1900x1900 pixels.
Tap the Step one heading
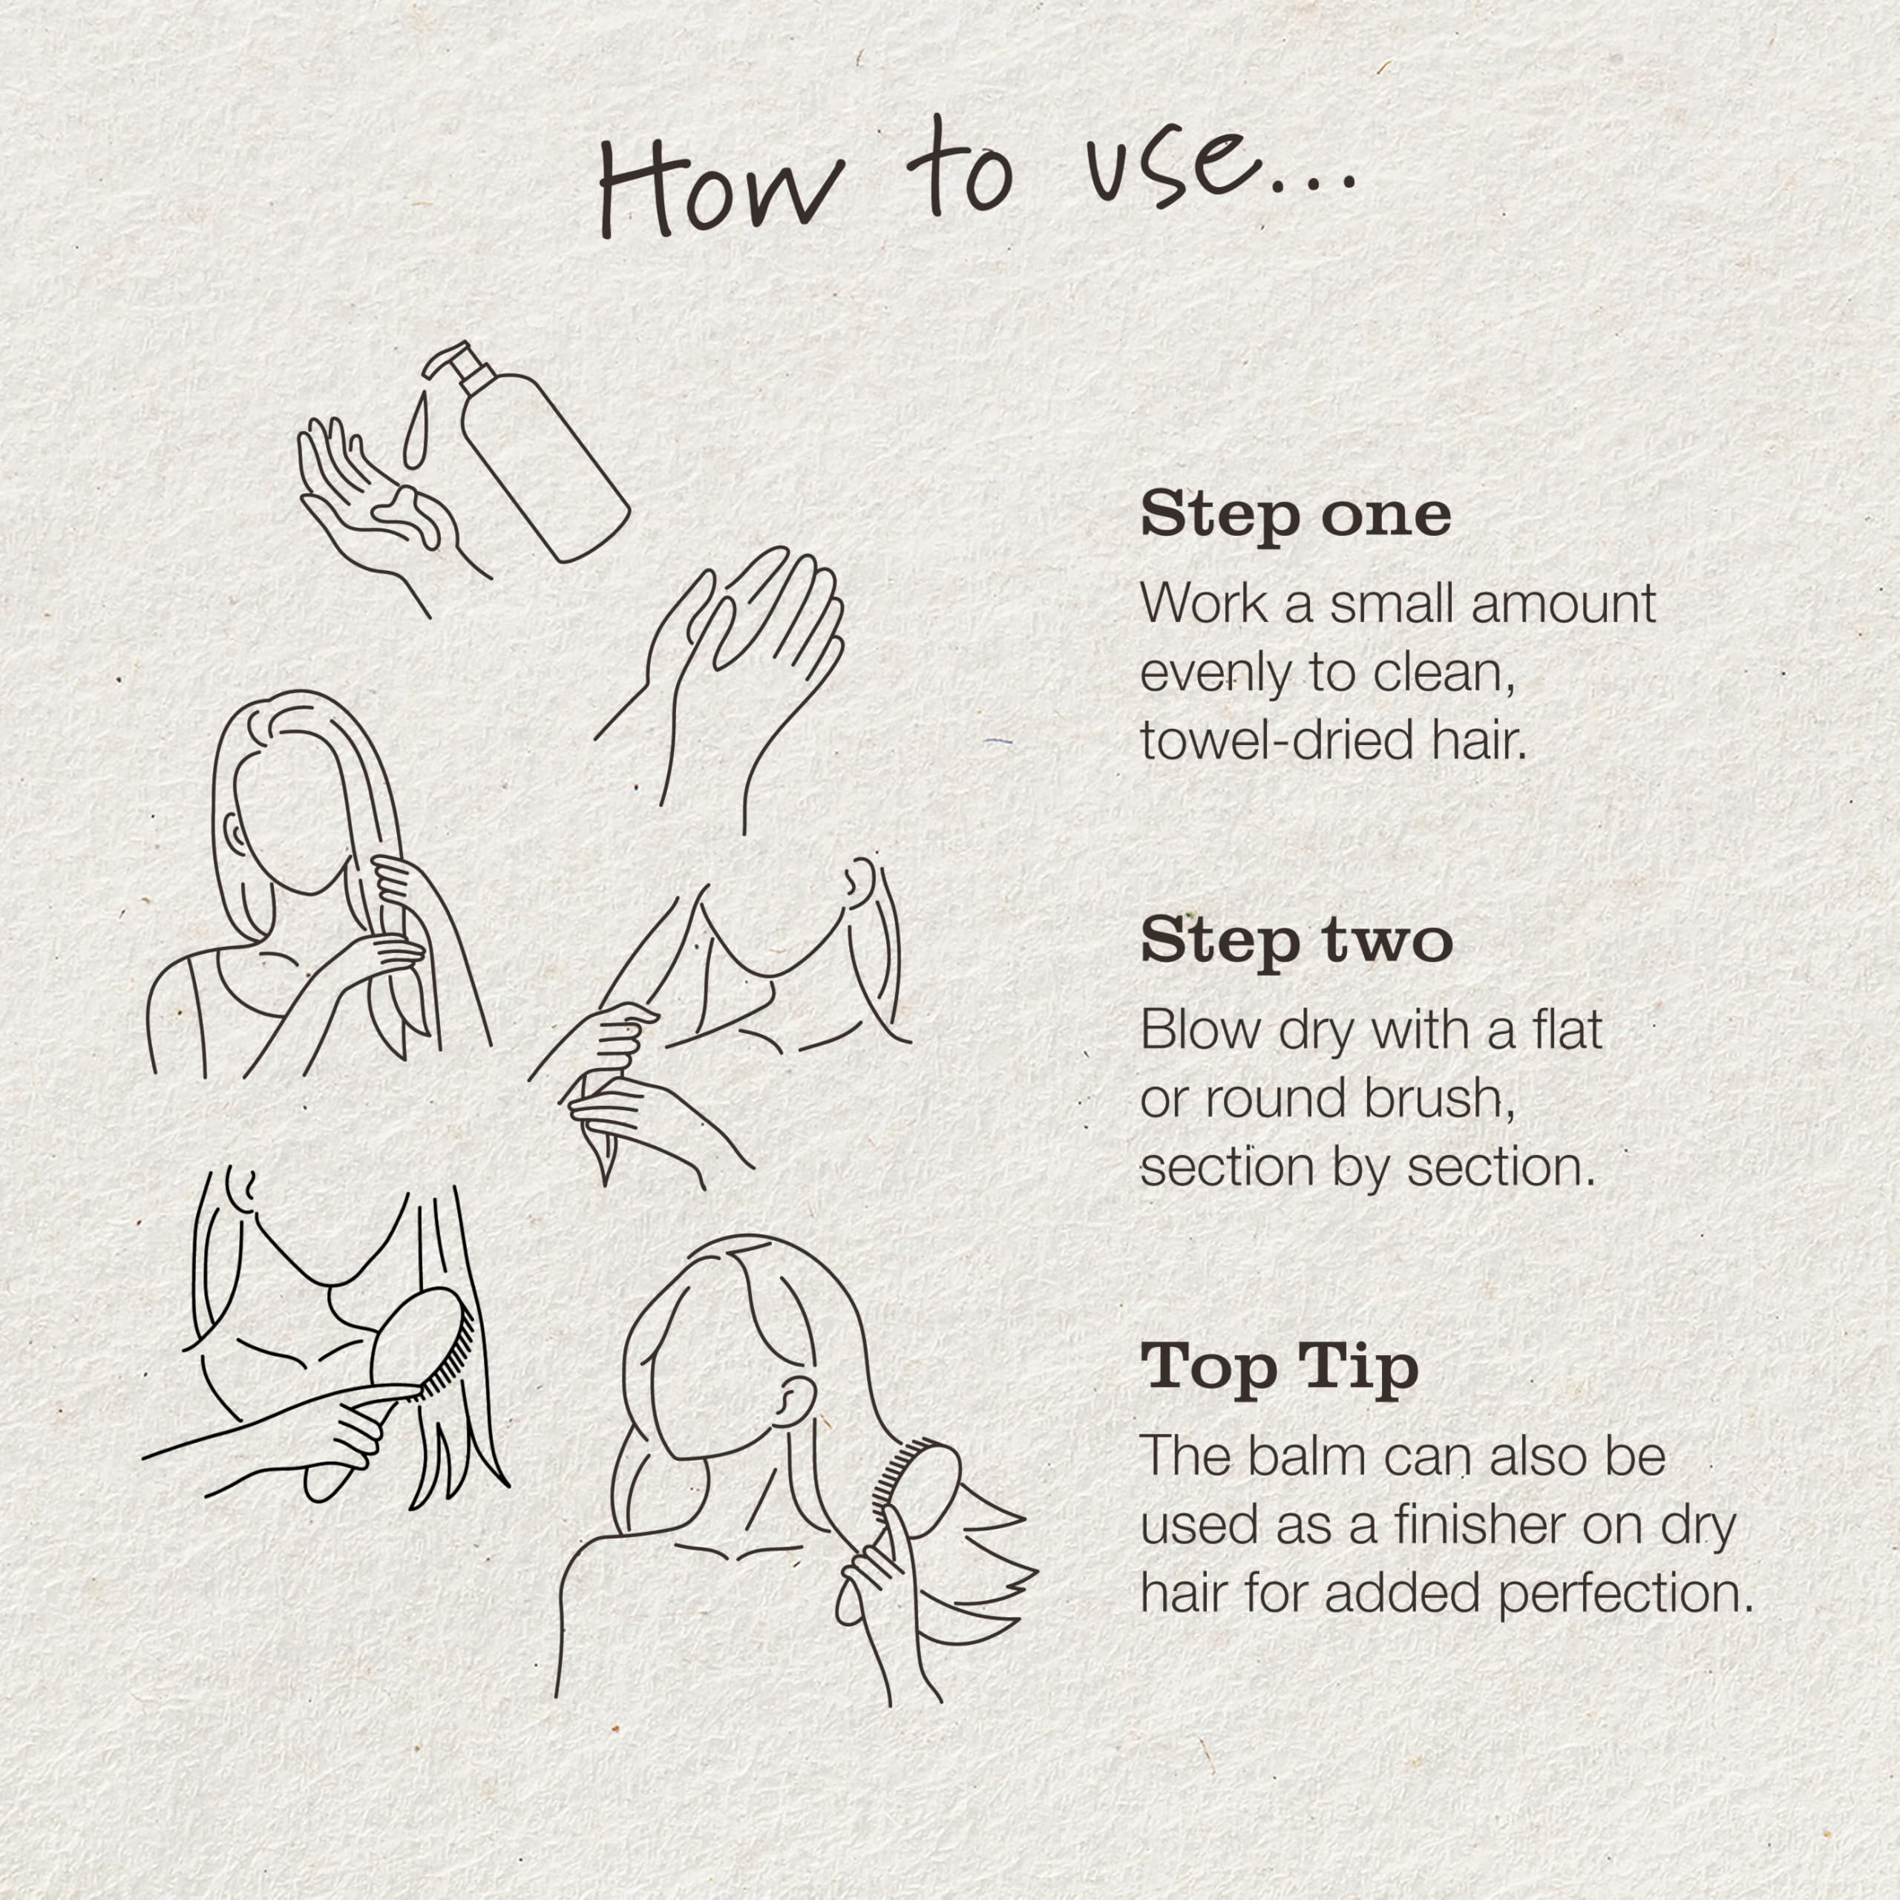click(x=1295, y=515)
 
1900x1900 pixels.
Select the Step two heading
click(x=1296, y=941)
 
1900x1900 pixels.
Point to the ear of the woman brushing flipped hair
click(x=786, y=1401)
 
